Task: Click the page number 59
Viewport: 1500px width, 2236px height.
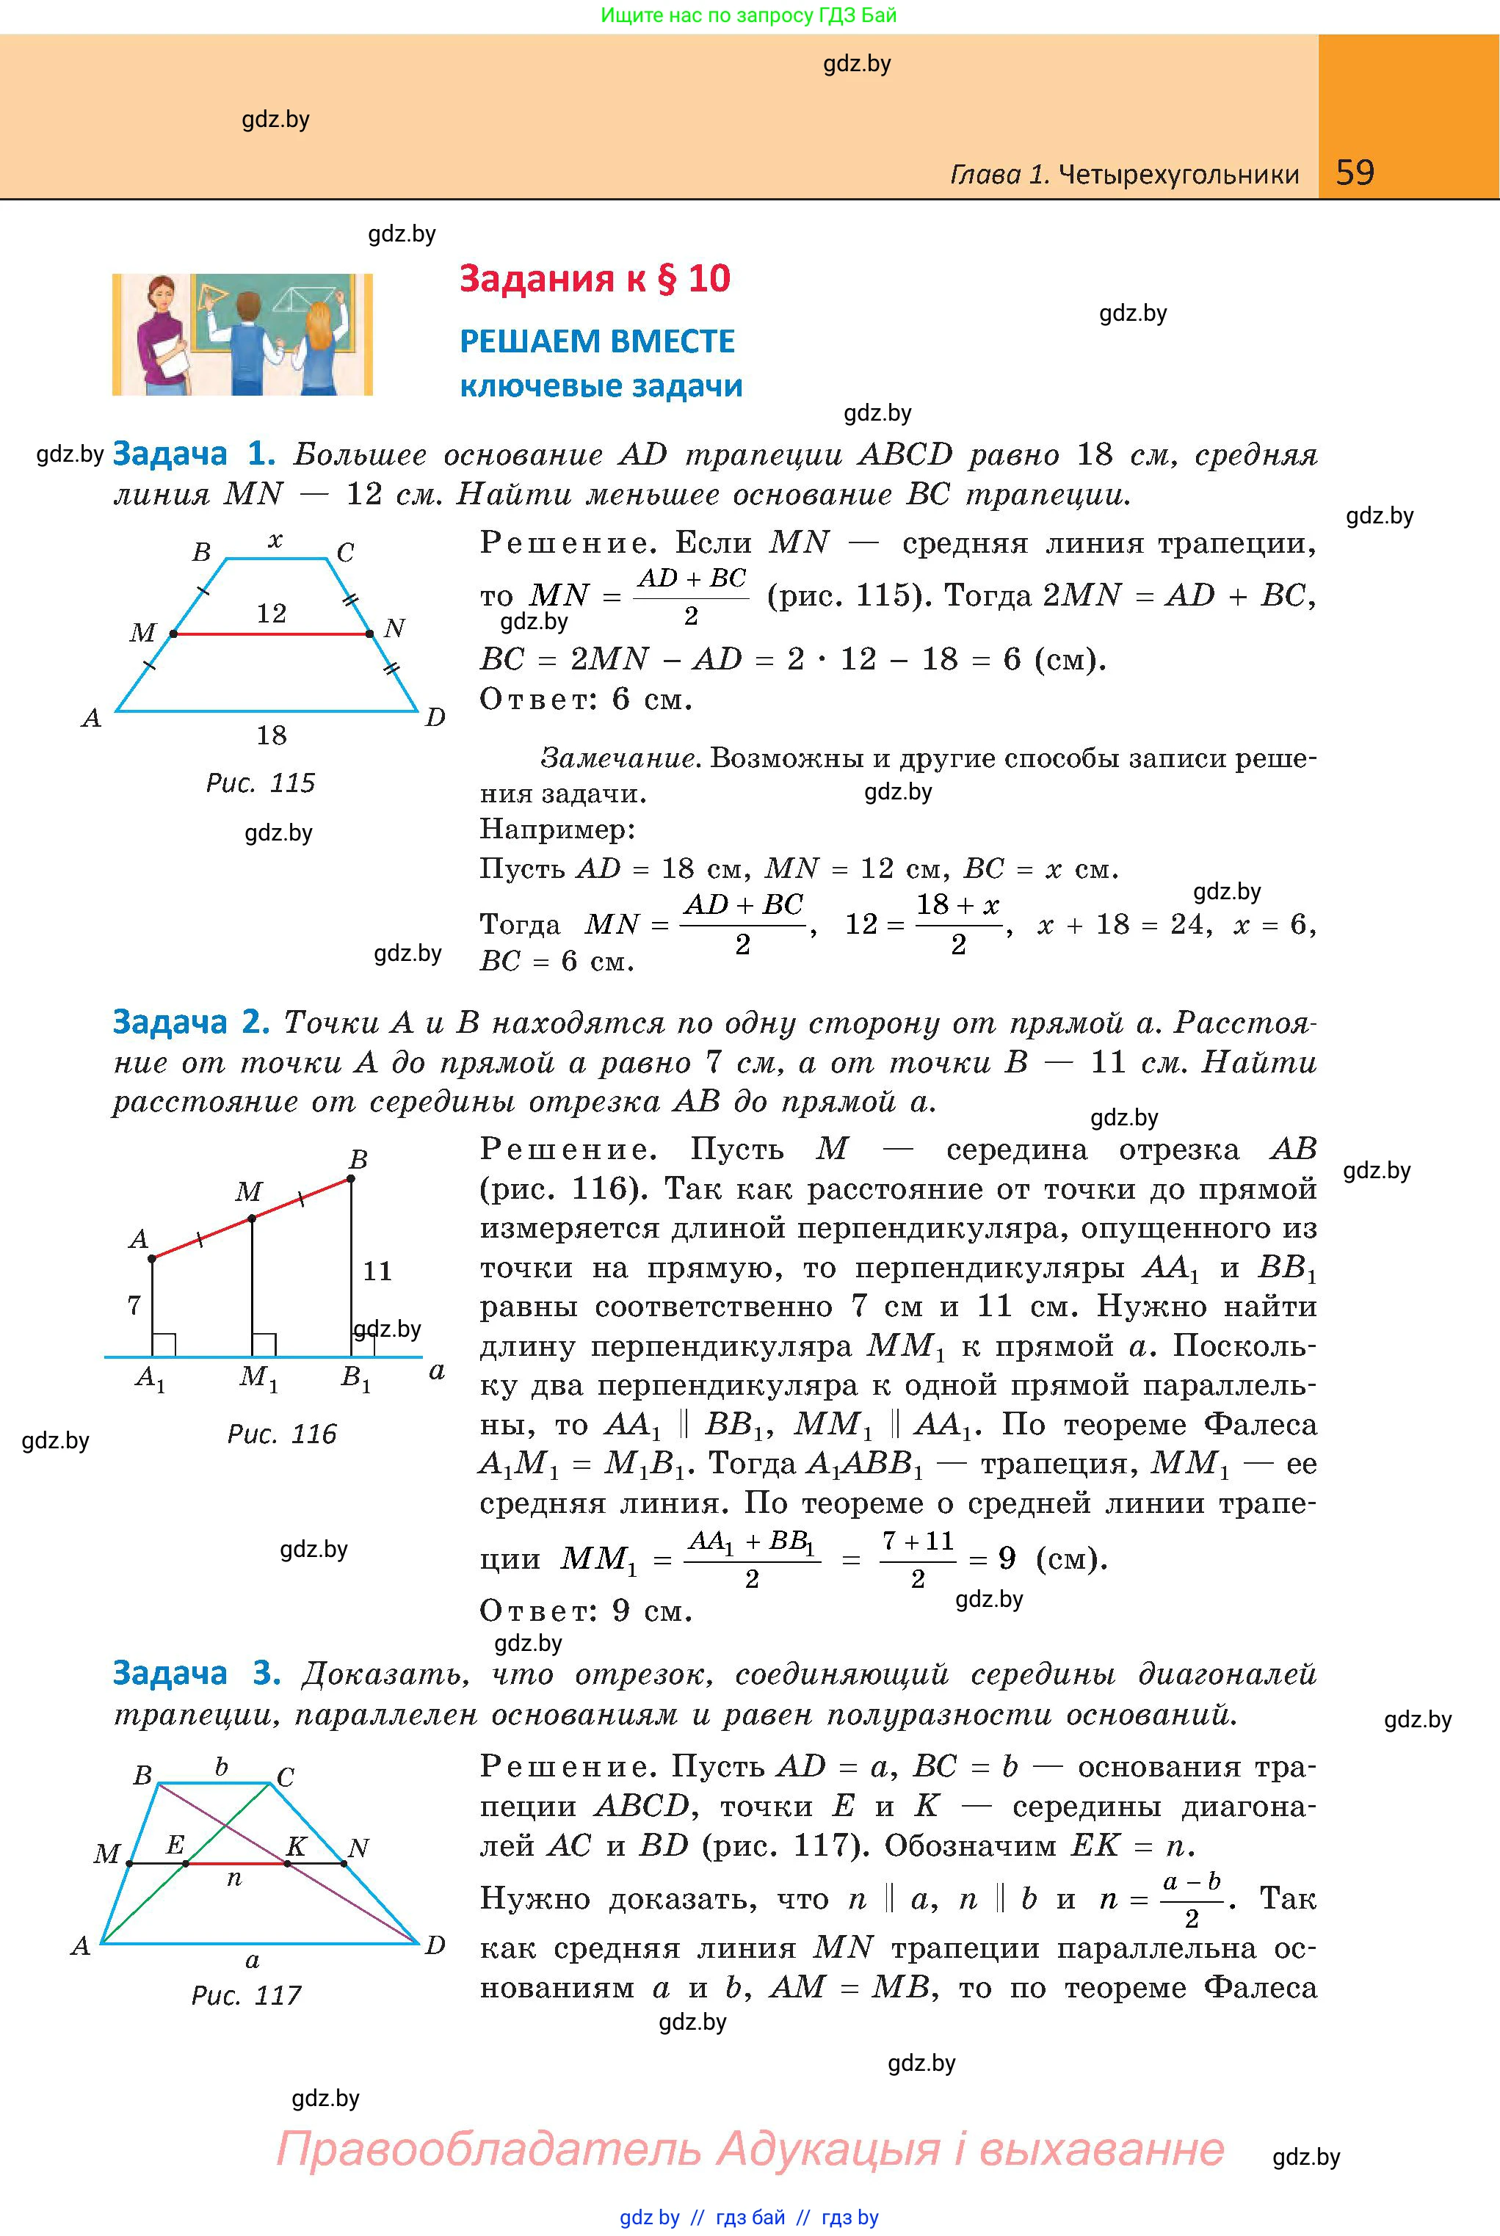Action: point(1355,173)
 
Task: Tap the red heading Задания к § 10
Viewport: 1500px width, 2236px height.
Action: point(594,278)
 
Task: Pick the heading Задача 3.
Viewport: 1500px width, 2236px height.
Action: point(196,1673)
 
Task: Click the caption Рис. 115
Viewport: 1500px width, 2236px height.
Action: point(260,783)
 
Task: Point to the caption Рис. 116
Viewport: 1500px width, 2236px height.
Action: point(281,1434)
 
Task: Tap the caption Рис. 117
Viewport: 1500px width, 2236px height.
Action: point(246,1995)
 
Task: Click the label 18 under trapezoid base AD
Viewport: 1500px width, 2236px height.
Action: point(271,736)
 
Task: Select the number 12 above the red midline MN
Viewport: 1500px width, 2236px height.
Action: point(271,613)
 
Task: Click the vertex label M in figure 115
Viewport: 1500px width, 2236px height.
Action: point(142,632)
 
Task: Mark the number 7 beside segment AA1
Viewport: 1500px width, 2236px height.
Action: point(134,1305)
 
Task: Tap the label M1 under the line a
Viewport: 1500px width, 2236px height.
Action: point(257,1378)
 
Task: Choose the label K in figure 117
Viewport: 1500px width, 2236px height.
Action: point(297,1847)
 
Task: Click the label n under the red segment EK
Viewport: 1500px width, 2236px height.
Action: point(234,1879)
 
